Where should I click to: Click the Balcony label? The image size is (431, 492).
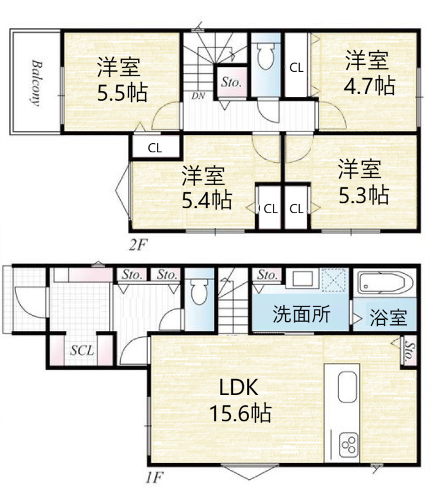coord(37,83)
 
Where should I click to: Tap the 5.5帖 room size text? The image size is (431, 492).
coord(122,92)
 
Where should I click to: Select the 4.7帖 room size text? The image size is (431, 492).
coord(369,85)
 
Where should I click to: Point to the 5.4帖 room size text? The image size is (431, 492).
coord(207,200)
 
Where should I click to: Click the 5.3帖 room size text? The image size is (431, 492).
coord(364,195)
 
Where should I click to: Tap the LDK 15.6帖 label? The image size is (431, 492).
coord(240,400)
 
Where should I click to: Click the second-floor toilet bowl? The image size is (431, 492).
coord(265,56)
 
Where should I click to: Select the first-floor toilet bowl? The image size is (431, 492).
coord(199,291)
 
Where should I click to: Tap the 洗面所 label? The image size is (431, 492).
coord(301,314)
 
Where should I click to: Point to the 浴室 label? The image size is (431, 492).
coord(389,318)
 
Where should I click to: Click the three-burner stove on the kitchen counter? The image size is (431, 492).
coord(349,445)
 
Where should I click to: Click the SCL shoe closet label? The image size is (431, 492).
coord(82,350)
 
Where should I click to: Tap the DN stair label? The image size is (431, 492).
coord(198,96)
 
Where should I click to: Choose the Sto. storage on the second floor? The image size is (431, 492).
coord(232,82)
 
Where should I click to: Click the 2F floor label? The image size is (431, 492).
coord(138,245)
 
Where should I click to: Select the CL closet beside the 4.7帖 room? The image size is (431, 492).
coord(296,67)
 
